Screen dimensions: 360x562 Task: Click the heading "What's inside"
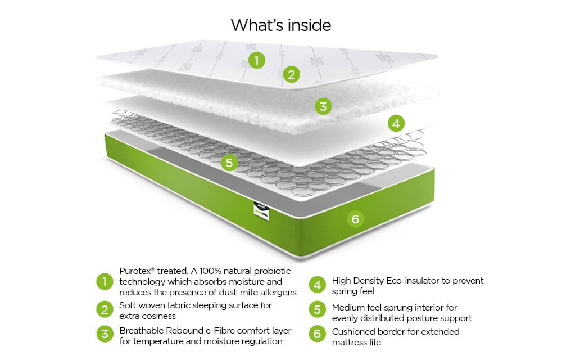[280, 25]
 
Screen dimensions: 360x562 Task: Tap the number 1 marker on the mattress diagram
[257, 60]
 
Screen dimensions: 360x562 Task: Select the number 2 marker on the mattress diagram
[291, 74]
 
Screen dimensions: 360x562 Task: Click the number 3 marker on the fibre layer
[323, 106]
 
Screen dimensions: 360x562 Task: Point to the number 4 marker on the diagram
[396, 123]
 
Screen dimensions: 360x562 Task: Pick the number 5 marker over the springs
[228, 163]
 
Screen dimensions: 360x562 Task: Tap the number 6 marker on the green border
[355, 218]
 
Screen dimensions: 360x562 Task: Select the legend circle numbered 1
[104, 281]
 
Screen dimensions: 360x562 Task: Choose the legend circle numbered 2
[104, 310]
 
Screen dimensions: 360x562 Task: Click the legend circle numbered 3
[104, 334]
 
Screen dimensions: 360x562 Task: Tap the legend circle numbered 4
[317, 285]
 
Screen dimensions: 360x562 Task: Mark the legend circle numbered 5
[317, 310]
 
